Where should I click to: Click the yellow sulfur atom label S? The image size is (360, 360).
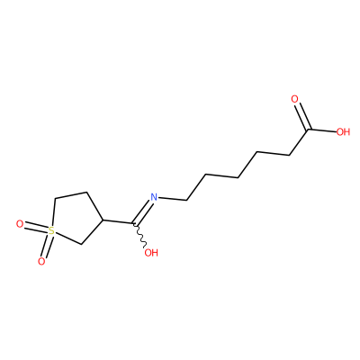pyautogui.click(x=51, y=230)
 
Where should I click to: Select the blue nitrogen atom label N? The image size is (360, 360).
pyautogui.click(x=154, y=197)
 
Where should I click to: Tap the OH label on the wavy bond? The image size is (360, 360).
pyautogui.click(x=151, y=253)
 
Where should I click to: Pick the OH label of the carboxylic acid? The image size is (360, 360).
pyautogui.click(x=343, y=131)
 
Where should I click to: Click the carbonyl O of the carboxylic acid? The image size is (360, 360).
pyautogui.click(x=295, y=99)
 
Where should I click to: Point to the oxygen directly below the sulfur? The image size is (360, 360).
pyautogui.click(x=41, y=262)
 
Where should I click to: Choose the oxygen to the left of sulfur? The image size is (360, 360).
pyautogui.click(x=20, y=224)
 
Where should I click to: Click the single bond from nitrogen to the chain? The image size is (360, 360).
pyautogui.click(x=173, y=199)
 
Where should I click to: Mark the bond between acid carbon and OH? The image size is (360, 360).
pyautogui.click(x=322, y=130)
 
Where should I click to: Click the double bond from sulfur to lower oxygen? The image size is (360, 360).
pyautogui.click(x=47, y=246)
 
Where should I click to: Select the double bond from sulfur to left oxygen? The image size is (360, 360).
pyautogui.click(x=36, y=228)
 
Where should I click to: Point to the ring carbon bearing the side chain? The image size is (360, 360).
pyautogui.click(x=103, y=220)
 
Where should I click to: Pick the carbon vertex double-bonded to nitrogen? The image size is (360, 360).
pyautogui.click(x=134, y=224)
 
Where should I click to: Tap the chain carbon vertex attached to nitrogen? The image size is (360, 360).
pyautogui.click(x=187, y=200)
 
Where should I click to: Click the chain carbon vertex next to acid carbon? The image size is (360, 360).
pyautogui.click(x=290, y=155)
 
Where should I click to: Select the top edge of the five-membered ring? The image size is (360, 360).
pyautogui.click(x=71, y=195)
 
